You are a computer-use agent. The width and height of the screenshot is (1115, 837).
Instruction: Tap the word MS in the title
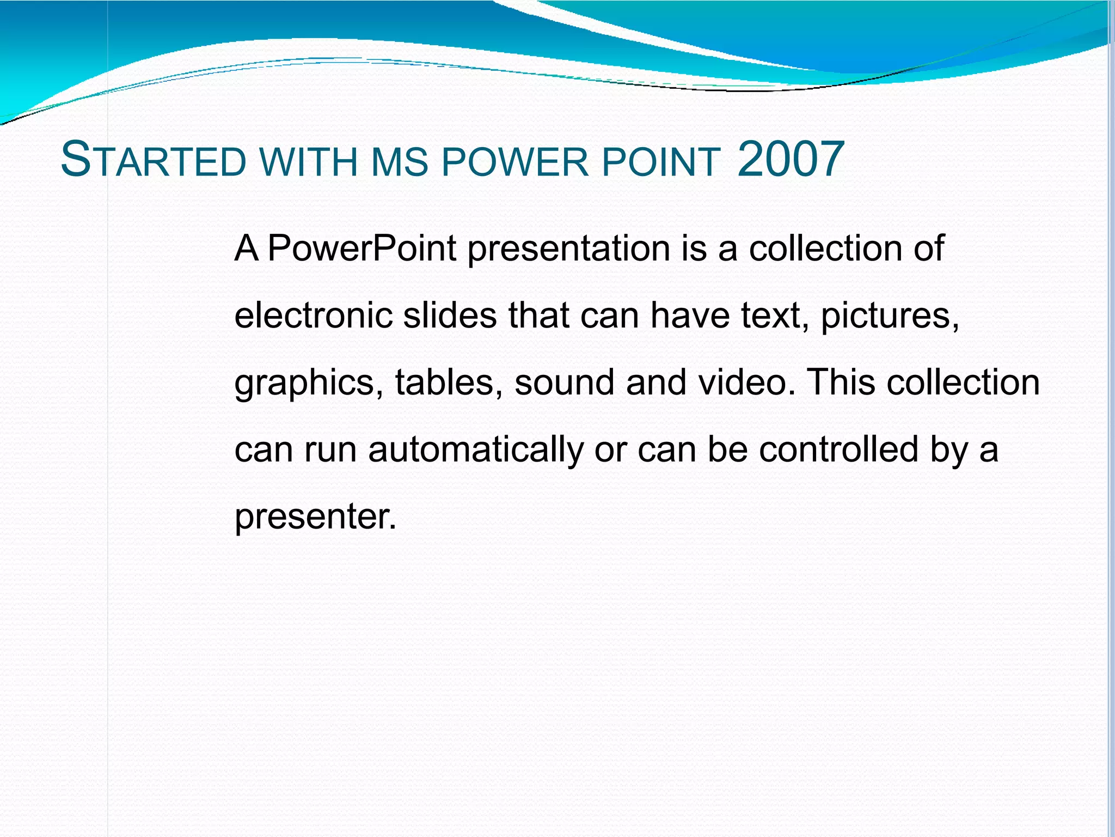pos(400,162)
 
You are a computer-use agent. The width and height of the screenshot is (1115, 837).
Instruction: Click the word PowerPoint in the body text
pos(362,248)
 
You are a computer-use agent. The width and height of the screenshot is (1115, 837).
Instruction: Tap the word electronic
pos(313,316)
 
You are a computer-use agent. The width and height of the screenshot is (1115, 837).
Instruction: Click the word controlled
pos(838,450)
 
